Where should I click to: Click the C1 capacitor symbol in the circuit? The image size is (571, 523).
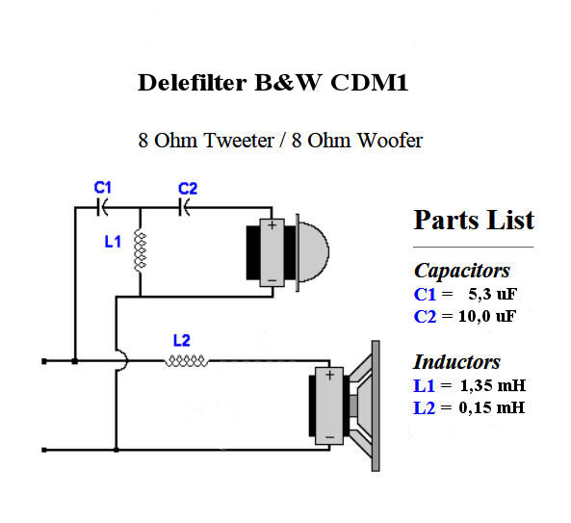102,208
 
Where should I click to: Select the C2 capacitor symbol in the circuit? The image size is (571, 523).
184,208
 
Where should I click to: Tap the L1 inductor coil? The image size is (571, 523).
140,250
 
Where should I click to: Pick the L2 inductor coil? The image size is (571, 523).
187,360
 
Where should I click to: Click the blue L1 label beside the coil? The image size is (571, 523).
113,242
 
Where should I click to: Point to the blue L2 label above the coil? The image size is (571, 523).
181,341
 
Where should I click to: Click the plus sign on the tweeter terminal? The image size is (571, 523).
273,225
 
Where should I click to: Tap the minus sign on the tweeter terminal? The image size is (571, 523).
273,280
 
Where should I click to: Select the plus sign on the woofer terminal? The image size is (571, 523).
329,375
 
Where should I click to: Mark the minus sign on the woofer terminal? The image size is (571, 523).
329,437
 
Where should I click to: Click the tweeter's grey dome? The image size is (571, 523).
314,252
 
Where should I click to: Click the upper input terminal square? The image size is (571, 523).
44,361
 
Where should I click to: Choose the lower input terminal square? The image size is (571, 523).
44,450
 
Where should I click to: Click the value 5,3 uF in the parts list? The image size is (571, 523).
492,295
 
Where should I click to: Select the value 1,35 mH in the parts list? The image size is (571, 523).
493,385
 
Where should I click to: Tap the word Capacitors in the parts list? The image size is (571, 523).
462,271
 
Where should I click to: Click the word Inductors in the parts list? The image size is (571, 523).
457,362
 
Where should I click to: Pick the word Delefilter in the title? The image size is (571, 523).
193,82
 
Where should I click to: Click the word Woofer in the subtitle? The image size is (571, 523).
390,140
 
